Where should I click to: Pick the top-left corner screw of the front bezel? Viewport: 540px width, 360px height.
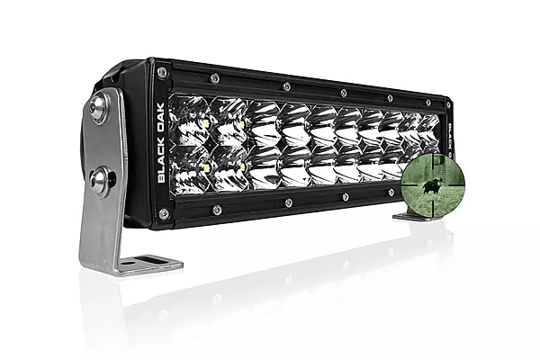(161, 72)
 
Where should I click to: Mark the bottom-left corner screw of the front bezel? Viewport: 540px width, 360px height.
(163, 213)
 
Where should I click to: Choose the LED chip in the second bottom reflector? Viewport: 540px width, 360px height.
(244, 168)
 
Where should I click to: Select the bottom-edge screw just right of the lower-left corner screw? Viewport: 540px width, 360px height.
(217, 210)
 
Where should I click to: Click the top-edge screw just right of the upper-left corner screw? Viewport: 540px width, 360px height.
(216, 77)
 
